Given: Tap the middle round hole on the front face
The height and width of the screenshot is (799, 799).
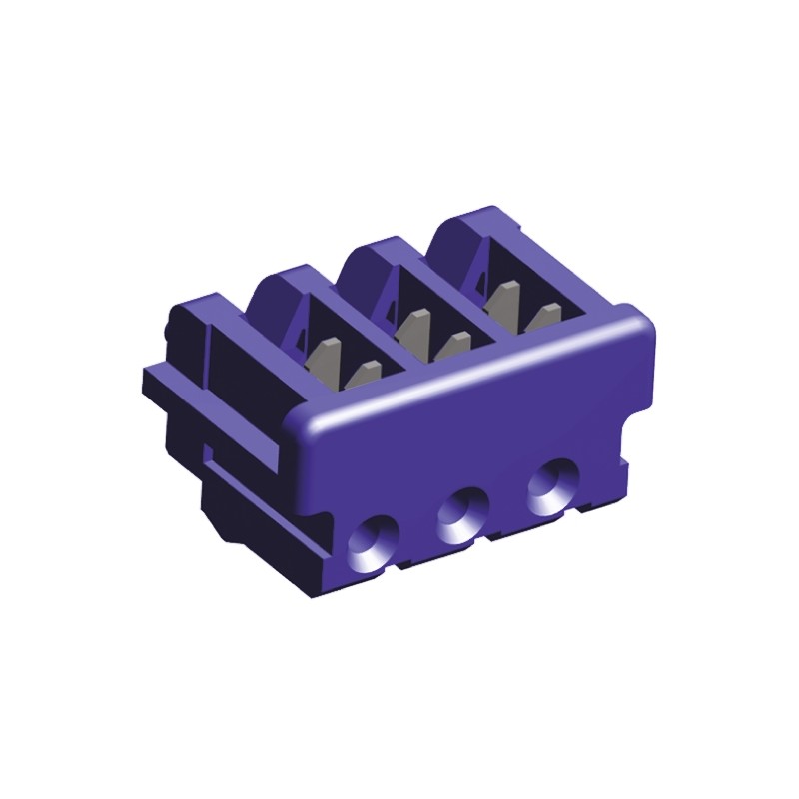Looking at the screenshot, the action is coord(460,514).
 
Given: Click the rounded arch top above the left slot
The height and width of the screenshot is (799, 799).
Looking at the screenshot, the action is coord(283,281).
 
